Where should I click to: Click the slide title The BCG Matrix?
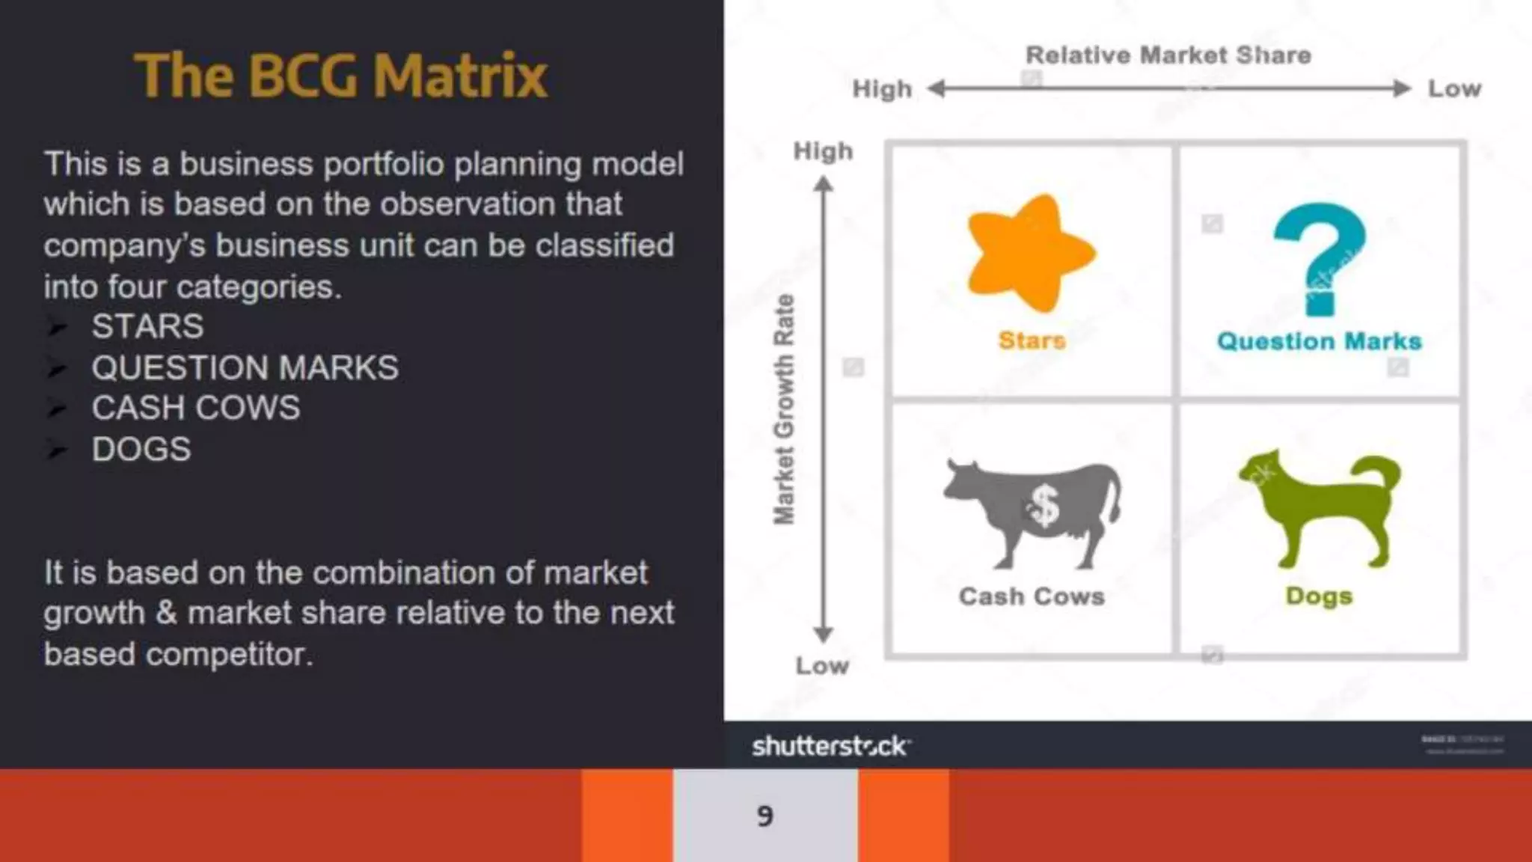(x=341, y=76)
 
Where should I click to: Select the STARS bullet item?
(x=147, y=327)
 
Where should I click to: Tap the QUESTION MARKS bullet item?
(x=245, y=368)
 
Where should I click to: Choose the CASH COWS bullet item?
(x=195, y=409)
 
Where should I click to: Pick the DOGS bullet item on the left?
(x=141, y=450)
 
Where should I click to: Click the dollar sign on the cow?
(x=1043, y=507)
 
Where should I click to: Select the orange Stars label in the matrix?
(x=1032, y=341)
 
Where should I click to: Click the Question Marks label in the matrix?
(x=1319, y=342)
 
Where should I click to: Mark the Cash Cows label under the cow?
(x=1032, y=597)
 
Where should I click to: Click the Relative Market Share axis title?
(x=1168, y=55)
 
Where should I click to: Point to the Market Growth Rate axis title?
(x=783, y=409)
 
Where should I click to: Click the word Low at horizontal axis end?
(x=1454, y=89)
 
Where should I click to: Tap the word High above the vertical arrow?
(x=823, y=152)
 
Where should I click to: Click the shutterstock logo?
(x=830, y=746)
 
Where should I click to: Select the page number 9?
(x=765, y=816)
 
